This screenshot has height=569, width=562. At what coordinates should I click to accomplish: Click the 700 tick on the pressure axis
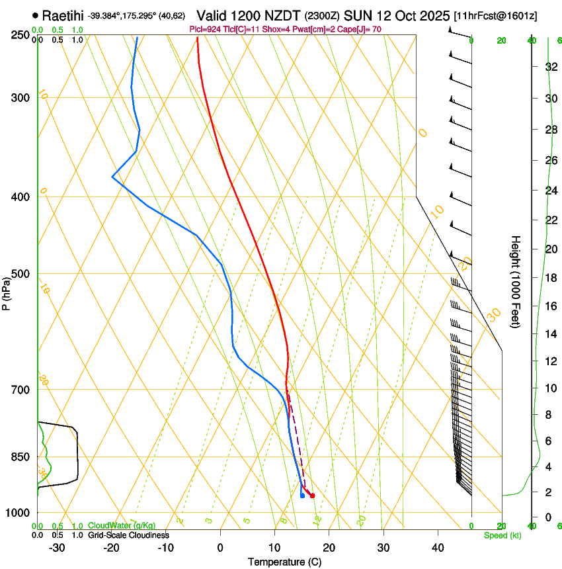point(20,390)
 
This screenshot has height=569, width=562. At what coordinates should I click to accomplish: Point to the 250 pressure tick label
point(20,34)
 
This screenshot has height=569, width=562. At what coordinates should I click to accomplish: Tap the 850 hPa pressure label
point(20,457)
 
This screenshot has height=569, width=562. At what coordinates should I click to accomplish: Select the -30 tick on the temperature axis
point(57,548)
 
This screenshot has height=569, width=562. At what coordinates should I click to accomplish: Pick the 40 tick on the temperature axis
point(438,548)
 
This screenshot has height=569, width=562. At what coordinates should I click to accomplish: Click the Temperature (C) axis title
point(284,562)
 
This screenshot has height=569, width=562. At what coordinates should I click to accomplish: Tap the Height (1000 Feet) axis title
point(516,281)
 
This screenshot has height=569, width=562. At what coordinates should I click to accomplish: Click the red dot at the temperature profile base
point(312,495)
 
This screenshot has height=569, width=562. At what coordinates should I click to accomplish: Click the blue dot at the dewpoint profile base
point(302,495)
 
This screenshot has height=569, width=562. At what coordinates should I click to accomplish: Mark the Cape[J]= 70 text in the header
point(361,29)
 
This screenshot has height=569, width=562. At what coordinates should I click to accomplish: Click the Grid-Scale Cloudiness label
point(128,535)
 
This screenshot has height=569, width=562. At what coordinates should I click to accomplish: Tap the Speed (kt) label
point(502,535)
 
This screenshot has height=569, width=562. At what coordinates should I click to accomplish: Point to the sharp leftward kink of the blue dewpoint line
point(113,177)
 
